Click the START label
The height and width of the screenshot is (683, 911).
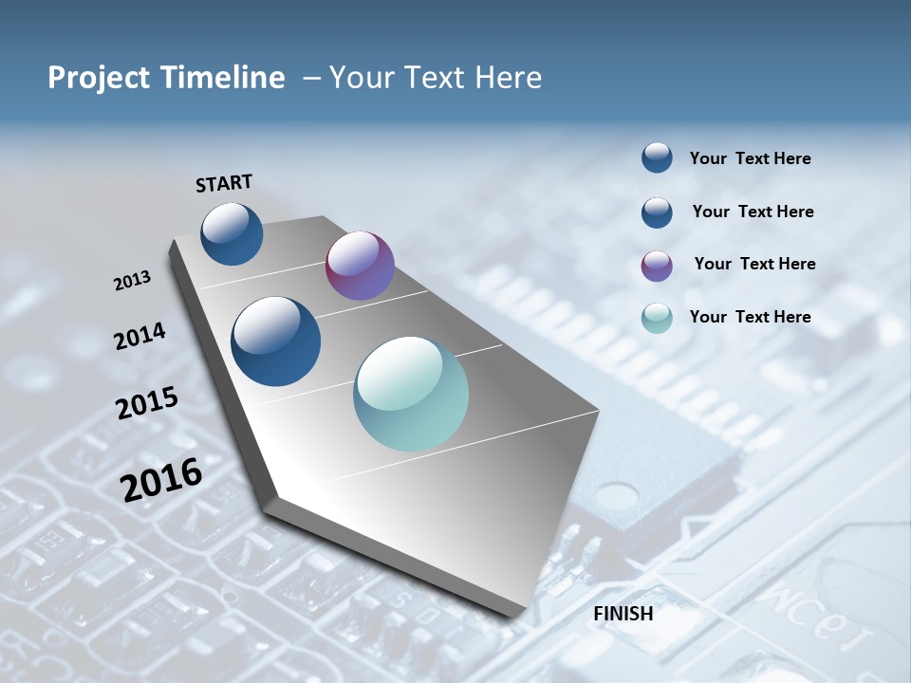click(x=224, y=183)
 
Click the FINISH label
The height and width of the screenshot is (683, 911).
click(x=623, y=614)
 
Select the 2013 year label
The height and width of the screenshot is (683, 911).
click(x=133, y=281)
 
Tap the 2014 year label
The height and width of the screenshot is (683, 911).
click(x=139, y=336)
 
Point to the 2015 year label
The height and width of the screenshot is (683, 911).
click(x=147, y=403)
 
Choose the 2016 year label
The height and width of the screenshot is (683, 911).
click(x=161, y=479)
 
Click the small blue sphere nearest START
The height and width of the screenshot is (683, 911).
click(x=232, y=233)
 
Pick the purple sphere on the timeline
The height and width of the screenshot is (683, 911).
click(x=360, y=266)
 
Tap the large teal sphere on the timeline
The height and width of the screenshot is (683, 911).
click(x=411, y=394)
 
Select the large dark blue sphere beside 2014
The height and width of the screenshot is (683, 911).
click(x=275, y=341)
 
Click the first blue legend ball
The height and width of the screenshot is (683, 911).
click(x=657, y=157)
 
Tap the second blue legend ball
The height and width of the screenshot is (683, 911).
click(x=657, y=212)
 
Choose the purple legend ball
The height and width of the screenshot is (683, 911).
click(x=657, y=265)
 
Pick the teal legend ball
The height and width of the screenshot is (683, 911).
click(x=657, y=318)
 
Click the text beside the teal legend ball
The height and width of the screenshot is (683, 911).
click(x=750, y=317)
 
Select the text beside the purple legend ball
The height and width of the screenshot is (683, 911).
click(x=754, y=264)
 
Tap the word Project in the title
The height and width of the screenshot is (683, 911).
click(x=97, y=78)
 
